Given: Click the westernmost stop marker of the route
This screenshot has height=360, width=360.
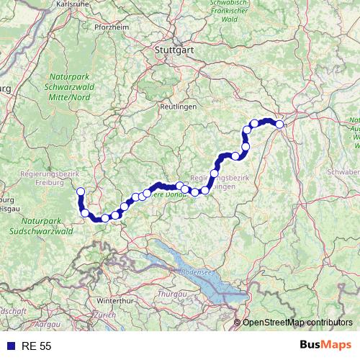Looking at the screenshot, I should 81,192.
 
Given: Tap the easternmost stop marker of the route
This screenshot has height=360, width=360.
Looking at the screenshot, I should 279,124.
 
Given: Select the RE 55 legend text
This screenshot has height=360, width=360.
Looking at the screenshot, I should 36,346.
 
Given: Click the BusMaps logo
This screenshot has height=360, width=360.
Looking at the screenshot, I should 326,346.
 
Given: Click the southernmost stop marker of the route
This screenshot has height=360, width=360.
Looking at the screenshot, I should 105,218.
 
